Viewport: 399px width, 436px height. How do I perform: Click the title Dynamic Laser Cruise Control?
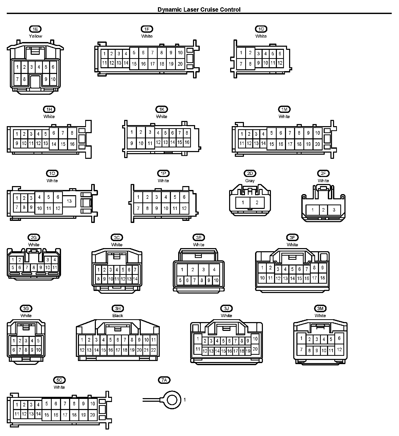click(x=199, y=10)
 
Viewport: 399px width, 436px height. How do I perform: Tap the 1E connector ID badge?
click(x=35, y=29)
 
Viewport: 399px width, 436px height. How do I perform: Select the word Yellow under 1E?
click(x=35, y=36)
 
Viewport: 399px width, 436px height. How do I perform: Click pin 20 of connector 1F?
click(x=180, y=64)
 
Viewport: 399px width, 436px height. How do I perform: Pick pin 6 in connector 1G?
click(x=280, y=54)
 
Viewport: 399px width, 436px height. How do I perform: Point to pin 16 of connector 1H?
click(x=72, y=144)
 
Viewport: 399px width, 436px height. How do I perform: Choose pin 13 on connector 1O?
click(x=69, y=201)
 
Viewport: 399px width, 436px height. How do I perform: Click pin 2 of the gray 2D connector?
click(x=257, y=202)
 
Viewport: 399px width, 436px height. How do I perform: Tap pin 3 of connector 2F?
click(x=334, y=210)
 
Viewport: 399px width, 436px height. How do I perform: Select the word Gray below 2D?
click(x=250, y=181)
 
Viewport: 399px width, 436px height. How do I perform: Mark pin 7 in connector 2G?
click(x=27, y=267)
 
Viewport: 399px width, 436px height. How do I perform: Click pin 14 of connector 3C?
click(x=135, y=279)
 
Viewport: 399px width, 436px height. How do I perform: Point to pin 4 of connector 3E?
click(x=214, y=270)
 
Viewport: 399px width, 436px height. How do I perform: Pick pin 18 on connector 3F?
click(x=322, y=278)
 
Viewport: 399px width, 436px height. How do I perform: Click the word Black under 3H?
click(x=118, y=316)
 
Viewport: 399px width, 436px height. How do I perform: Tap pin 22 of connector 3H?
click(x=154, y=350)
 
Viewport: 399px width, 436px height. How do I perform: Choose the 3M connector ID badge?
click(x=320, y=308)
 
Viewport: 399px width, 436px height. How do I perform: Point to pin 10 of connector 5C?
click(x=92, y=404)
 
